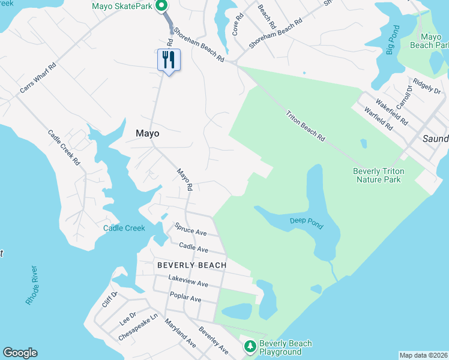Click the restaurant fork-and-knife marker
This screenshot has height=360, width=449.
click(169, 60)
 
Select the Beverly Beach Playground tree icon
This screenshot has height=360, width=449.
click(250, 346)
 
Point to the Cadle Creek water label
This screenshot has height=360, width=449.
click(124, 228)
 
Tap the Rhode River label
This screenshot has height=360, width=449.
click(32, 285)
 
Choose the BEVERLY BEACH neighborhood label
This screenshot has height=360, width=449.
click(192, 265)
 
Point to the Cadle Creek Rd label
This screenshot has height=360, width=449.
click(64, 148)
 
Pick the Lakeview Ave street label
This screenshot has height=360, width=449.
click(188, 280)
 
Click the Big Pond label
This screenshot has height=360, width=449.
click(391, 41)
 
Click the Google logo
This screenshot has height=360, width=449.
click(20, 353)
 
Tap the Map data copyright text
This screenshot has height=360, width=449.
click(423, 355)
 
